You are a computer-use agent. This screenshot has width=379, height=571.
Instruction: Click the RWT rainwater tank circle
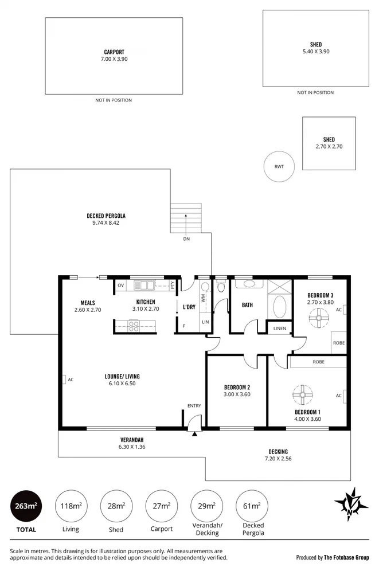point(279,167)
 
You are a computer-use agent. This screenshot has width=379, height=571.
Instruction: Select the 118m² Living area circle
point(70,506)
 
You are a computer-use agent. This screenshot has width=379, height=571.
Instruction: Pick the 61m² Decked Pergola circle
point(251,506)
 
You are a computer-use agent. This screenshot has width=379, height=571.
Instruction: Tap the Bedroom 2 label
point(237,387)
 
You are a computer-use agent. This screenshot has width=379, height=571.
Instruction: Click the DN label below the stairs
point(186,238)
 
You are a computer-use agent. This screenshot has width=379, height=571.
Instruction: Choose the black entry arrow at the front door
point(194,433)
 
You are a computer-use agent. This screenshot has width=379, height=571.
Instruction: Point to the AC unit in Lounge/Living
point(64,379)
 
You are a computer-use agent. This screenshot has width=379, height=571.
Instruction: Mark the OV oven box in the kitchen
point(121,285)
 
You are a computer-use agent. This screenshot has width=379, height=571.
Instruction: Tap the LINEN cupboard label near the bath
point(280,328)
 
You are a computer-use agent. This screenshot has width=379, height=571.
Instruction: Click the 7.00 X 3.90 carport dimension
point(114,58)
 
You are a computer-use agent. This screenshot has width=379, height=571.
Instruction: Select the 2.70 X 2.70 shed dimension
point(329,147)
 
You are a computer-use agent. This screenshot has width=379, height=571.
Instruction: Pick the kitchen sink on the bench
point(144,285)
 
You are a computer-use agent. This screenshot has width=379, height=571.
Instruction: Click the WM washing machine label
point(203,299)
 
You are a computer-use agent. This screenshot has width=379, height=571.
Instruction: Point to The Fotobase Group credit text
point(347,557)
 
